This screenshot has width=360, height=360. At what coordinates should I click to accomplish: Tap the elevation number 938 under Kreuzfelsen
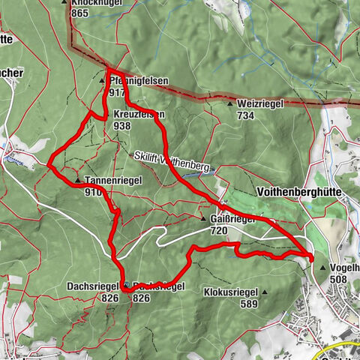pyautogui.click(x=121, y=127)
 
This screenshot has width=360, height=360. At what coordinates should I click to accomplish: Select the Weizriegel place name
pyautogui.click(x=260, y=104)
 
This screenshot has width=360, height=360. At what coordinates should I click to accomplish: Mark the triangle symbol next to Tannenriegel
pyautogui.click(x=78, y=181)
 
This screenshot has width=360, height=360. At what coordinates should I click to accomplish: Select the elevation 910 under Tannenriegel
pyautogui.click(x=94, y=192)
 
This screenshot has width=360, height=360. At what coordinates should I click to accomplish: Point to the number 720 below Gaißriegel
pyautogui.click(x=220, y=231)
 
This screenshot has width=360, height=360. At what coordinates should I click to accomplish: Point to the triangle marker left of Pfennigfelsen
pyautogui.click(x=103, y=79)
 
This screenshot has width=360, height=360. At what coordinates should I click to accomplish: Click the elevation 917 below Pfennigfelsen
pyautogui.click(x=116, y=91)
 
